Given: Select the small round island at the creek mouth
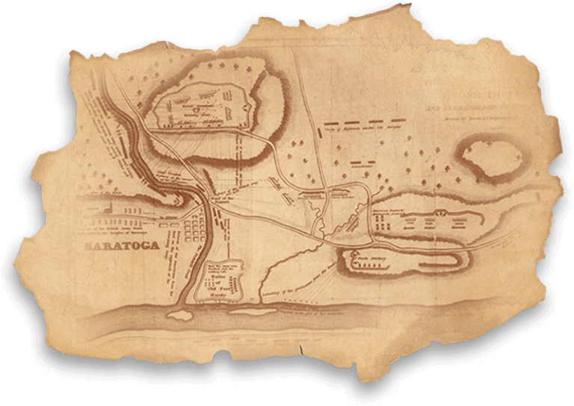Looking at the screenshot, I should coord(180,316).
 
